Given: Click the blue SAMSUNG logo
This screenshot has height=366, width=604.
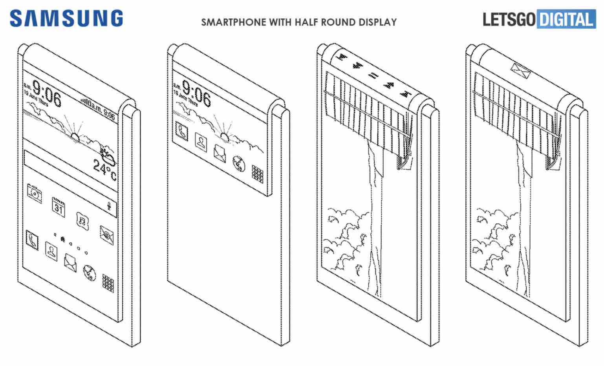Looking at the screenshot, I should [66, 18].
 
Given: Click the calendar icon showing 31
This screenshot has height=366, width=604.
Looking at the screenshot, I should [59, 207].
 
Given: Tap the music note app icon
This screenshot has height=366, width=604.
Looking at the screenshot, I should [82, 218].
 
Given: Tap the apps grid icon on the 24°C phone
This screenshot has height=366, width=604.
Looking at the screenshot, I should [108, 282].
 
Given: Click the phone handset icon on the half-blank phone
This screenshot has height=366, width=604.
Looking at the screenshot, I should [182, 131].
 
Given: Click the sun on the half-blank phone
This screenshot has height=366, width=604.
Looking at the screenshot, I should [224, 137].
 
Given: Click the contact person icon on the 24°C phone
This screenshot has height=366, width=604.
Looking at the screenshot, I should [51, 250].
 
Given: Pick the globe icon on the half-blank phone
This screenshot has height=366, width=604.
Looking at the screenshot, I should [238, 163].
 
